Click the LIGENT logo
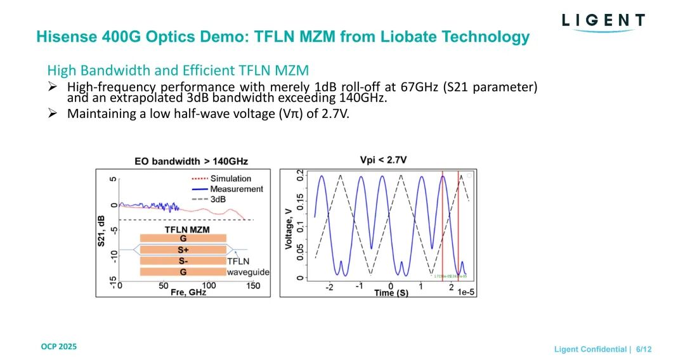tap(603, 21)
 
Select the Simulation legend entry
tap(231, 179)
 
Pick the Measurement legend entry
tap(236, 189)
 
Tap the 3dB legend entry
tap(218, 199)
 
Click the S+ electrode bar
tap(183, 250)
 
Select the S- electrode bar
tap(183, 260)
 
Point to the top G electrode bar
tap(183, 238)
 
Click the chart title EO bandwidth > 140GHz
tap(191, 161)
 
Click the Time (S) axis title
tap(391, 293)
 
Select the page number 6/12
tap(644, 349)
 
